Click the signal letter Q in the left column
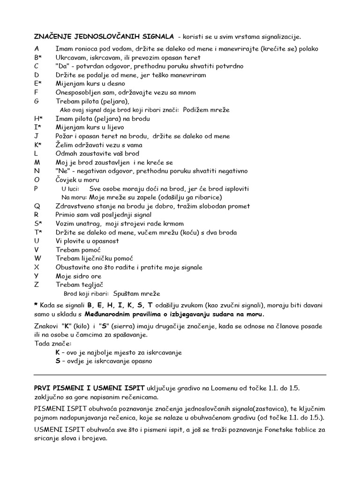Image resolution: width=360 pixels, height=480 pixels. (x=37, y=206)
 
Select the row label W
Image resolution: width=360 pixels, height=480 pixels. (x=38, y=259)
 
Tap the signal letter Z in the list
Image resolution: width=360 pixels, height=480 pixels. (x=37, y=285)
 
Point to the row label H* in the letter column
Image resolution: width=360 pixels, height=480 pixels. (x=38, y=119)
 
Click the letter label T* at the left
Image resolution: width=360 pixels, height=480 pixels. (x=38, y=232)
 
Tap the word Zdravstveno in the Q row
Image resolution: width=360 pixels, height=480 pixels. (x=76, y=206)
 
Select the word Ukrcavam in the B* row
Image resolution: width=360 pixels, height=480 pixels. (x=70, y=57)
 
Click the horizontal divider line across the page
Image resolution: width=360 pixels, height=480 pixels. (x=180, y=375)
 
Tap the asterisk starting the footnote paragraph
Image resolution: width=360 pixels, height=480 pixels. (x=36, y=305)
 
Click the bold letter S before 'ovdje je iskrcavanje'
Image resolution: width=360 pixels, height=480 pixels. (x=57, y=361)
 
